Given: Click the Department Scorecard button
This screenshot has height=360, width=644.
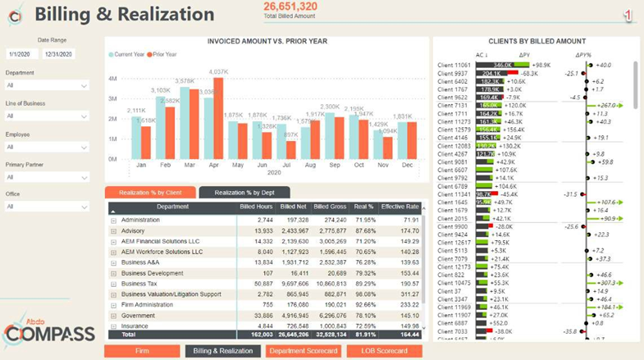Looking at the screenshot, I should click(303, 351).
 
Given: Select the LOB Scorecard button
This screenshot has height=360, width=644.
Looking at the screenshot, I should click(384, 351).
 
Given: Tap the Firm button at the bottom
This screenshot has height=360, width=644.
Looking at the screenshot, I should click(141, 351).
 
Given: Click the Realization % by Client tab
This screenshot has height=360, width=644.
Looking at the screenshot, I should click(150, 192).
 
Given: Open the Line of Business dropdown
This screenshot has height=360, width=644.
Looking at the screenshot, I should click(47, 116).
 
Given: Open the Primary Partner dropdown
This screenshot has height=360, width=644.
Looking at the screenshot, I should click(47, 177).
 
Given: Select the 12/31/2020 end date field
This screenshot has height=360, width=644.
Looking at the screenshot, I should click(57, 54).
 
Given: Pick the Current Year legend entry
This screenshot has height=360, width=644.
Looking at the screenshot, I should click(130, 54).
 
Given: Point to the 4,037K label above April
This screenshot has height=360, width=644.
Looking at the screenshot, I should click(218, 72).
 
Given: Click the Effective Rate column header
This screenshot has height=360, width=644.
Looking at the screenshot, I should click(400, 207).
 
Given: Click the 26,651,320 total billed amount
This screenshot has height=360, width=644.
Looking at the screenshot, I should click(290, 7).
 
